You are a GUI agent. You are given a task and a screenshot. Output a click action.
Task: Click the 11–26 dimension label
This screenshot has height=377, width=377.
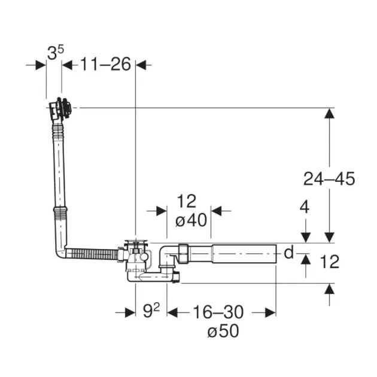tap(105, 64)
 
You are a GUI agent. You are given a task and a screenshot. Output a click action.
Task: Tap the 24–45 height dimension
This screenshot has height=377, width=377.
tap(329, 179)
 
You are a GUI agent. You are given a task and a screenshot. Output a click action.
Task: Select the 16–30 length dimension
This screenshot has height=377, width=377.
tap(218, 312)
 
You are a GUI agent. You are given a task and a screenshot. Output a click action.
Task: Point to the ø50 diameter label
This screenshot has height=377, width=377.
tap(223, 330)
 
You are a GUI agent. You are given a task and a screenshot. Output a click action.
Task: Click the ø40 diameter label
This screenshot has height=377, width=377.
tap(191, 220)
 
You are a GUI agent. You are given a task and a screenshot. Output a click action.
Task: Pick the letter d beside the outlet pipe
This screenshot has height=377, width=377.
tap(289, 253)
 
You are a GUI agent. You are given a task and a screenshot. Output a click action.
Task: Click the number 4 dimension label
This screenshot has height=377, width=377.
tap(305, 207)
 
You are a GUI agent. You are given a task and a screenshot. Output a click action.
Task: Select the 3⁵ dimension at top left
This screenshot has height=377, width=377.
tap(56, 53)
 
